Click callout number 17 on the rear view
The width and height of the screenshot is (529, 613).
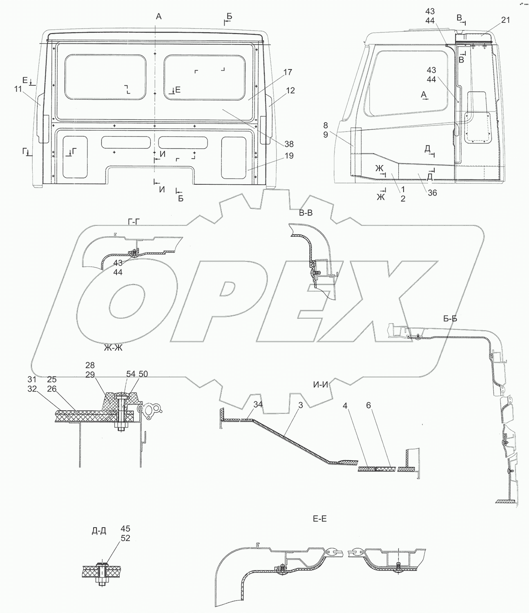[287, 72]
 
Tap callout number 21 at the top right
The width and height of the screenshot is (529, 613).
[505, 21]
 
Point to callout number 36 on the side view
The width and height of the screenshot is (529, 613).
[431, 193]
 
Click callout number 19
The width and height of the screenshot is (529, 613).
[290, 156]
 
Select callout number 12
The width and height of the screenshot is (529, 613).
[290, 90]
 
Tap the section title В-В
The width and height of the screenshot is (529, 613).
[307, 213]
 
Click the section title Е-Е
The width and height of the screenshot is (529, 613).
[319, 519]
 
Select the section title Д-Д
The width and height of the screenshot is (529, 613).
[99, 531]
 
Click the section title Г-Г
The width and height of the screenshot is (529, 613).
[135, 221]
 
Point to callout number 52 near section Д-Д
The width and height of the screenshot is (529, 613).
[125, 538]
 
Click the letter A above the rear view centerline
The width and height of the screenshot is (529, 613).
[159, 16]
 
